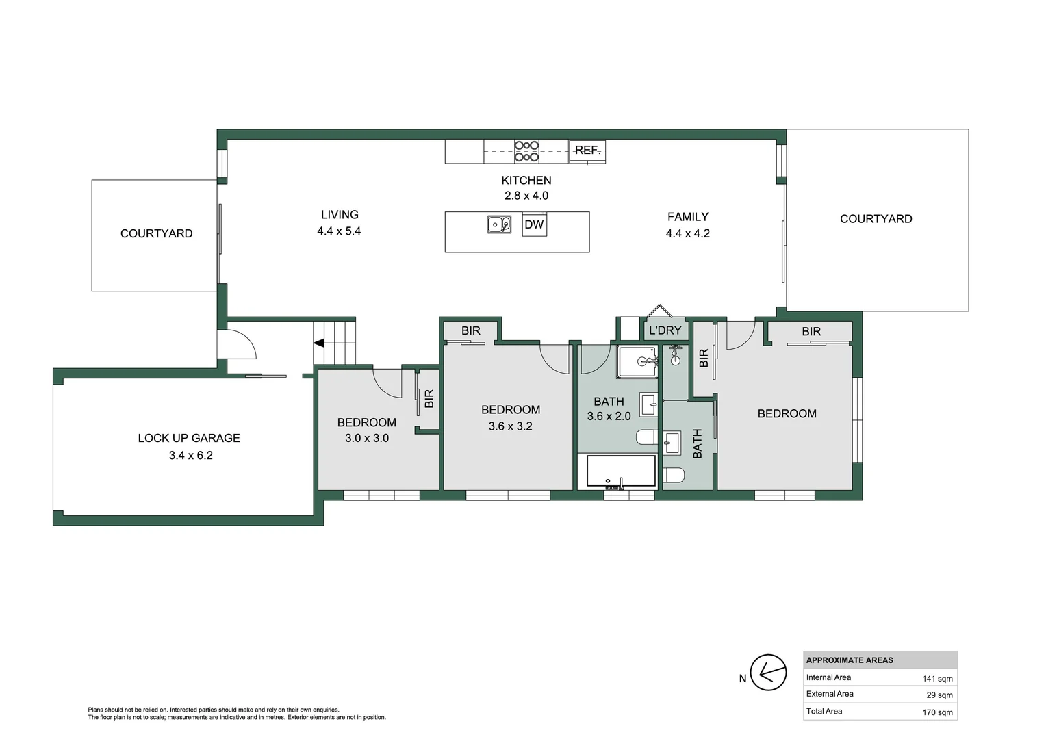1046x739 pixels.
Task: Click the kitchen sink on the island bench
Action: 498,224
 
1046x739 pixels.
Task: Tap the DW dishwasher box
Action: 534,224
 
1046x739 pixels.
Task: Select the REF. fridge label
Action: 587,151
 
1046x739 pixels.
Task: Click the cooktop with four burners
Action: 526,151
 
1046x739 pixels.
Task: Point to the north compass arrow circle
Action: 768,673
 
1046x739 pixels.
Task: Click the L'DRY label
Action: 665,330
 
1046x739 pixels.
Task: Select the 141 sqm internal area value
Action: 937,679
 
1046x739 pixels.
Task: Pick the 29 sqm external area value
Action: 939,695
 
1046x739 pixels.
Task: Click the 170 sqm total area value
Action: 937,712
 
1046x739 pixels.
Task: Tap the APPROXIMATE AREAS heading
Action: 850,660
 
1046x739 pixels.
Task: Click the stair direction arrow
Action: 318,343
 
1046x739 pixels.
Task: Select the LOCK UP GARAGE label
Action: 189,438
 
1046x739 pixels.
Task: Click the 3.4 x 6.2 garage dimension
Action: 191,456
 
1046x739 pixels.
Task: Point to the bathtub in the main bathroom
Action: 621,471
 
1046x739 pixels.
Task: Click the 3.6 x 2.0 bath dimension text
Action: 609,416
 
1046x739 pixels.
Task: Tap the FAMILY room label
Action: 688,217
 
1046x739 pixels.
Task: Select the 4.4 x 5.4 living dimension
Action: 339,231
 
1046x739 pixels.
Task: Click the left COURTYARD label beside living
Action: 156,233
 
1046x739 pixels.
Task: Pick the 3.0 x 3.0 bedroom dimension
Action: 367,438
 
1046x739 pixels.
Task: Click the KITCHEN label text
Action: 526,181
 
